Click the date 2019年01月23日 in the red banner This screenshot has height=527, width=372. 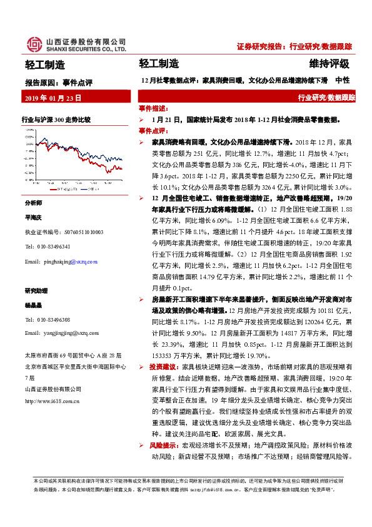point(53,98)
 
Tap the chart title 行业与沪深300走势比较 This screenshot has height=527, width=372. point(56,119)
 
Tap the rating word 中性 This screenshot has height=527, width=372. point(343,80)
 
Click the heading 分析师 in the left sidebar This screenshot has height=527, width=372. point(33,204)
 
